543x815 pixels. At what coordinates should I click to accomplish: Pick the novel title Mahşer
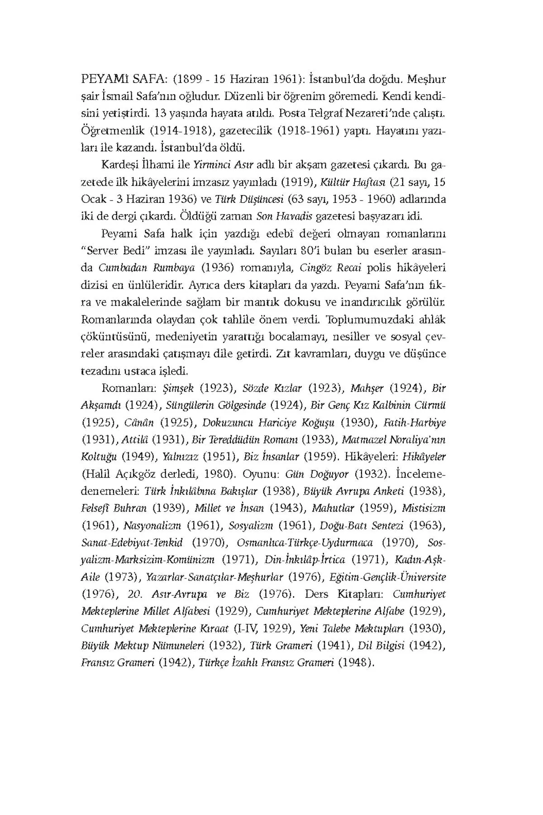367,388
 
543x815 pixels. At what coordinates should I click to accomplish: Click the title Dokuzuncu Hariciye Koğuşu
268,422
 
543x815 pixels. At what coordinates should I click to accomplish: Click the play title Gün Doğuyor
317,474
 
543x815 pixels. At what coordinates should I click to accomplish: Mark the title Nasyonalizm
152,526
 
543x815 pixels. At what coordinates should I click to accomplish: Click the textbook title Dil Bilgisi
381,646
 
